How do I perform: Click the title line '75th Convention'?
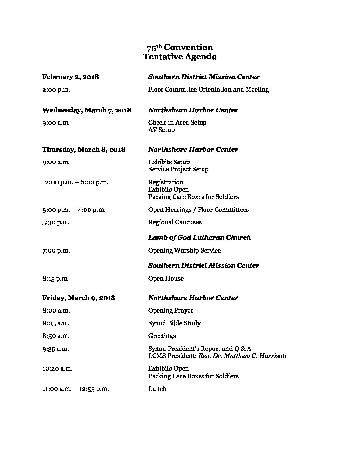tap(180, 47)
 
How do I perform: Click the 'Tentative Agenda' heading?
tap(180, 57)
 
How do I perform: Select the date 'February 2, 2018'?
tap(70, 77)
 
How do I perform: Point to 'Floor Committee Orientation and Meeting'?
tap(208, 89)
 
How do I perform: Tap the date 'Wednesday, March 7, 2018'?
tap(87, 110)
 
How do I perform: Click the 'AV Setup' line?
tap(161, 130)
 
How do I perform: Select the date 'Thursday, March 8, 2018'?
tap(84, 149)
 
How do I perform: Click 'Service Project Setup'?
tap(178, 169)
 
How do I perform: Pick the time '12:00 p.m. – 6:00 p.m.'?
tap(75, 182)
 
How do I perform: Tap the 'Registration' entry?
tap(166, 182)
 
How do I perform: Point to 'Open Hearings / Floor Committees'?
tap(199, 210)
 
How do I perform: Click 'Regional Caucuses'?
tap(175, 222)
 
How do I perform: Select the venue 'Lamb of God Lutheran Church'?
tap(200, 238)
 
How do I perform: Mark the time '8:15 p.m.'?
tap(56, 279)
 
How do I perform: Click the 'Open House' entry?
tap(166, 279)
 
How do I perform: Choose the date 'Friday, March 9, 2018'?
tap(79, 298)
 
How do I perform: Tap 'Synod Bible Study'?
tap(174, 323)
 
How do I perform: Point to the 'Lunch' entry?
tap(157, 389)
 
